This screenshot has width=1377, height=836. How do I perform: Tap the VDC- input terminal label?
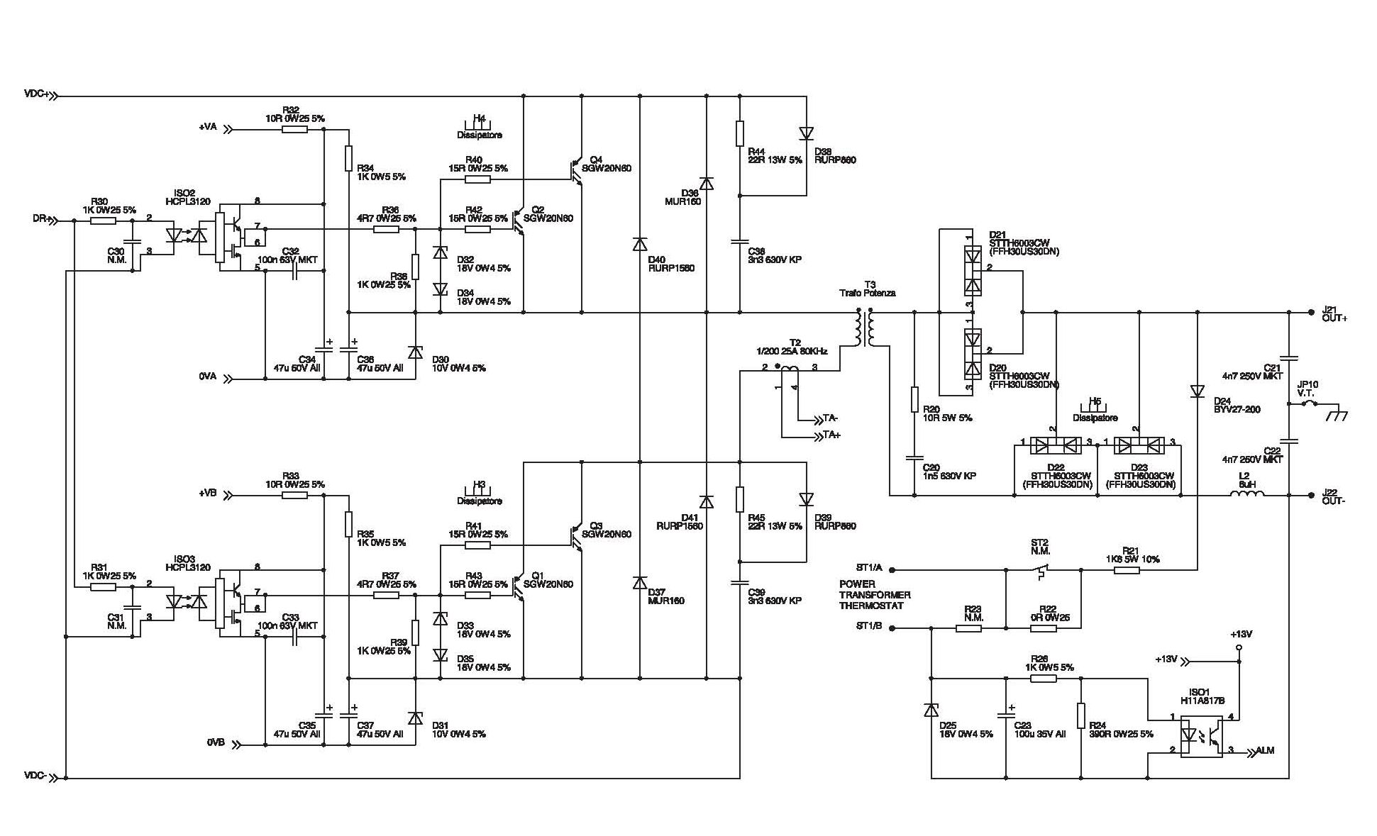[35, 776]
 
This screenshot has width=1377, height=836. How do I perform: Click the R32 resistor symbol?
[294, 130]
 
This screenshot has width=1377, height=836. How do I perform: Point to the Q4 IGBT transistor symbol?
[576, 171]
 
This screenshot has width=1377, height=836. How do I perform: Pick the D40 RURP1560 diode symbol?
[640, 245]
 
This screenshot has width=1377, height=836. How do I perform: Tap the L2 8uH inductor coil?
[1246, 495]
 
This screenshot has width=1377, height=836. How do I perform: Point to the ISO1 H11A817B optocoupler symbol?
[1201, 738]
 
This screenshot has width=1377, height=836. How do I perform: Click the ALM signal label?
[1265, 750]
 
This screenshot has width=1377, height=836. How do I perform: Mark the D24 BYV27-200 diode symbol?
[1198, 391]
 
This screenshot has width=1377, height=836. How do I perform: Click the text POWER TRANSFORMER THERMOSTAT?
[874, 595]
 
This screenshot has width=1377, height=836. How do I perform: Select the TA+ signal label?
[831, 435]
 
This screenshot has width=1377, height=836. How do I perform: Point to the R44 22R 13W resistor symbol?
[740, 133]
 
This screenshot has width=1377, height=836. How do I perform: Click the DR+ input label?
[42, 220]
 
